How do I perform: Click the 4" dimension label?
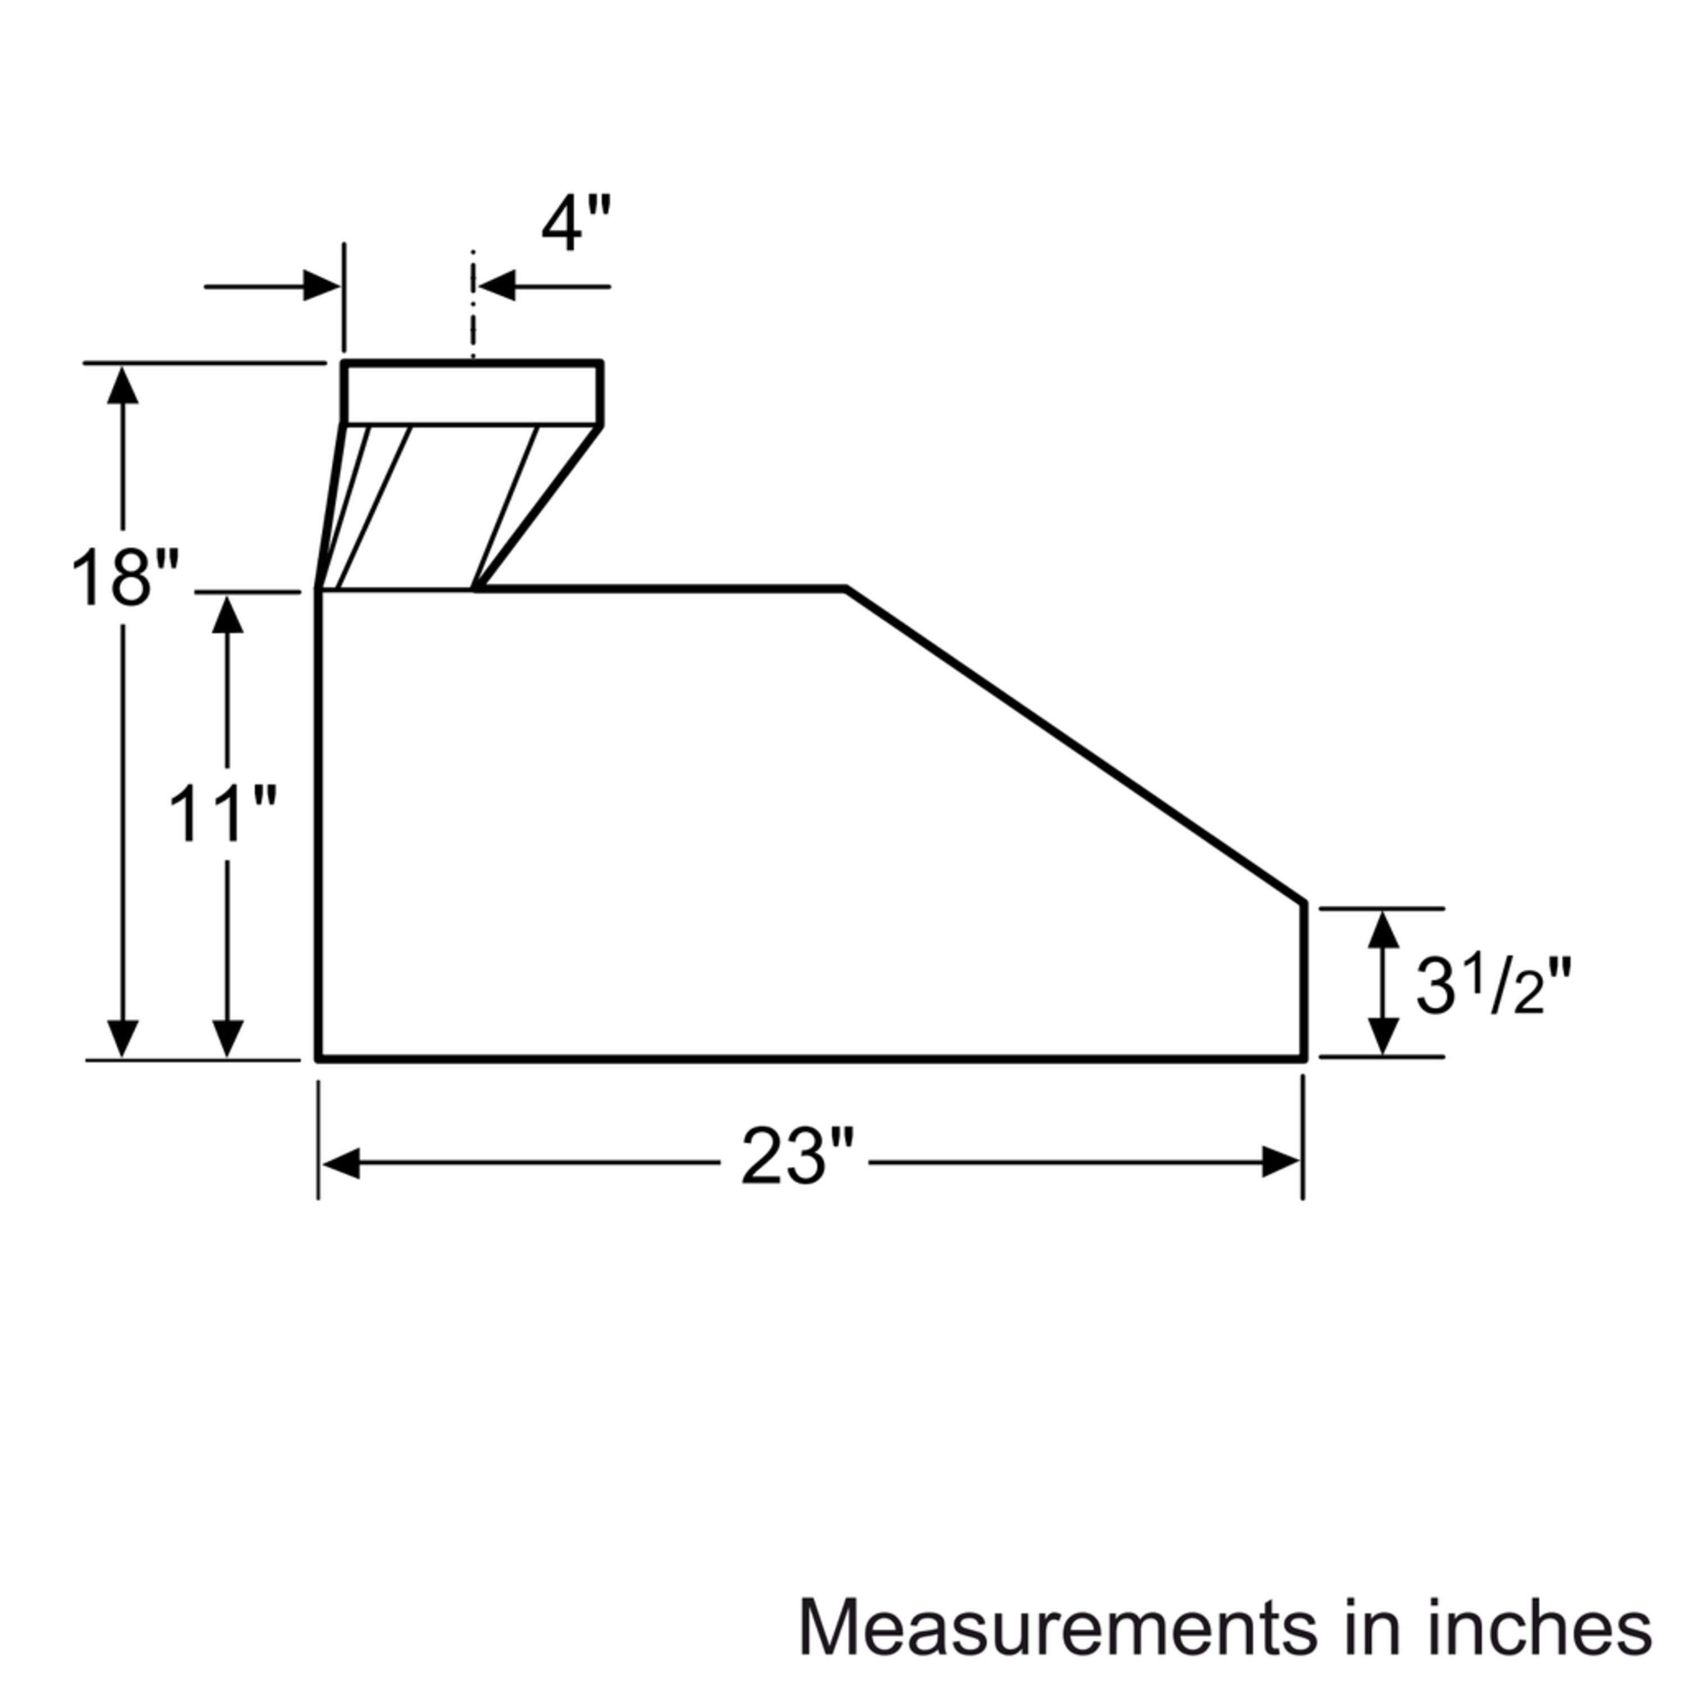[576, 223]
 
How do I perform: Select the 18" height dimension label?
[125, 578]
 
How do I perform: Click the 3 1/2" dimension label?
[1491, 986]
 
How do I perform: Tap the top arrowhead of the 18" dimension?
[123, 385]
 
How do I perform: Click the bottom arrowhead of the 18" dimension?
[123, 1037]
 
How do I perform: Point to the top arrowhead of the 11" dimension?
[227, 615]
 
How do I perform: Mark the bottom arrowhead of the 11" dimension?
[227, 1037]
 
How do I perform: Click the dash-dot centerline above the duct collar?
[473, 305]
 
